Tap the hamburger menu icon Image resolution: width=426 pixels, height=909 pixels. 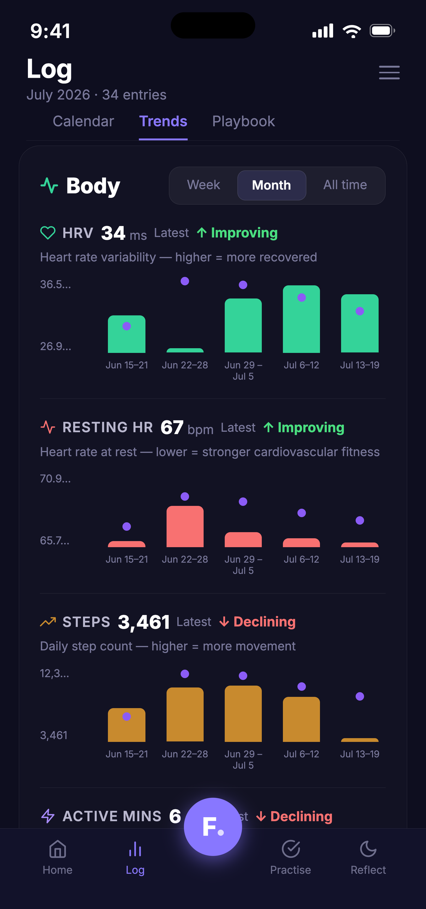(389, 72)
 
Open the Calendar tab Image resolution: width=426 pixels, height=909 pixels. (83, 121)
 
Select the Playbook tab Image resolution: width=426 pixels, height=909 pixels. (243, 121)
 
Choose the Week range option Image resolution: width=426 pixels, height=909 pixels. (203, 185)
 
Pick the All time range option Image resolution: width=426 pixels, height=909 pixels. (345, 185)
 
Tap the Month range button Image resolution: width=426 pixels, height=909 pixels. (272, 185)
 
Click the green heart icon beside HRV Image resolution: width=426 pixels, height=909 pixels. (48, 233)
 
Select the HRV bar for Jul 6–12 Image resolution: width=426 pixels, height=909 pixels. (301, 319)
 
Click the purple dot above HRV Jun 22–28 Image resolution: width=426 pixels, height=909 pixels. (185, 281)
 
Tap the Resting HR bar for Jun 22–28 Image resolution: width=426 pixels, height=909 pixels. (185, 526)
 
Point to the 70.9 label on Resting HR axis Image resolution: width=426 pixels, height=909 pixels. (55, 478)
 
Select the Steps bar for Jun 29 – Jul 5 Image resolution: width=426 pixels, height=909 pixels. (243, 714)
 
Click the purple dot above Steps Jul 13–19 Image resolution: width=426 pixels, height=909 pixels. (360, 696)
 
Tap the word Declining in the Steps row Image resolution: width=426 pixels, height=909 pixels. (265, 622)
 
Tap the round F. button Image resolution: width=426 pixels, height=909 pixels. (213, 827)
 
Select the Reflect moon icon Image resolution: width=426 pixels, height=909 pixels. (368, 849)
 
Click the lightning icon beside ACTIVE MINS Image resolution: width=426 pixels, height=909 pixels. (48, 816)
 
